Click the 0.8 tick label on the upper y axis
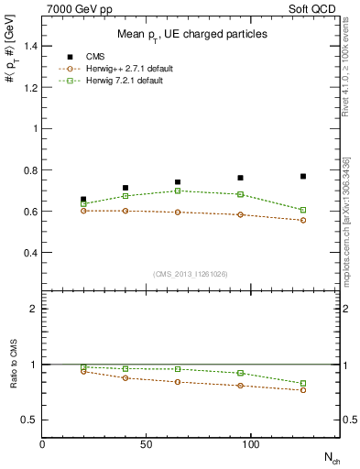[x=31, y=169]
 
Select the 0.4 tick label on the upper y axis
[x=31, y=252]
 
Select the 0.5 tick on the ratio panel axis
[x=31, y=420]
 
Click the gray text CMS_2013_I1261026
[x=191, y=274]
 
